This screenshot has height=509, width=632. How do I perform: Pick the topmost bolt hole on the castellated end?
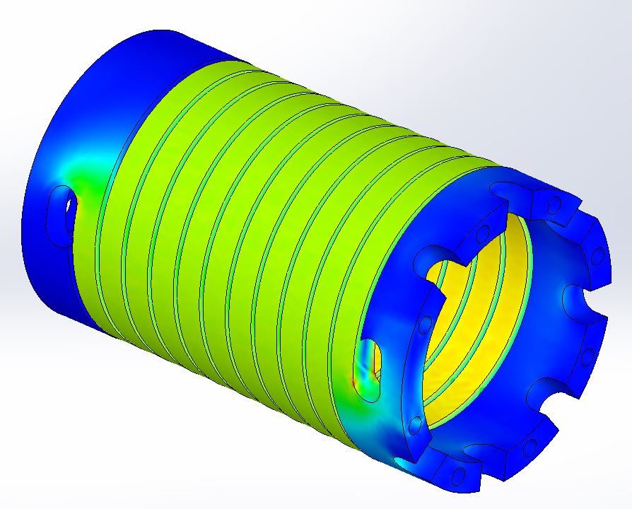[555, 206]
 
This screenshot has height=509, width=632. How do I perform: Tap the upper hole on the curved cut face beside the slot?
[425, 324]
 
